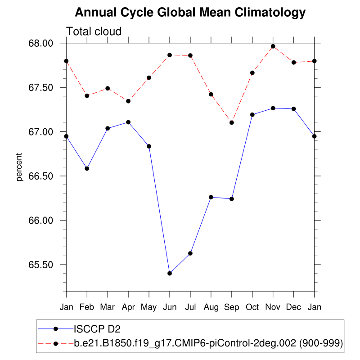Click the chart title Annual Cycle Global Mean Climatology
coord(190,13)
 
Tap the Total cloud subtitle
coord(94,31)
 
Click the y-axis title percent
coord(19,167)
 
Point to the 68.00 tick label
coord(41,43)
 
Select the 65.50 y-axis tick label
coord(41,265)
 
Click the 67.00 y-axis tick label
coord(41,132)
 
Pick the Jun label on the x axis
coord(170,307)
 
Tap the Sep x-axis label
coord(232,307)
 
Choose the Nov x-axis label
coord(273,307)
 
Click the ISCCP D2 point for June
coord(170,273)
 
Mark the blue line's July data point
coord(190,253)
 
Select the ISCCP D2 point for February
coord(87,168)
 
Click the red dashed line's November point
coord(273,46)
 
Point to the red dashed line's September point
coord(232,122)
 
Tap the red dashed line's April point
coord(128,101)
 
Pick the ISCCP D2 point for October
coord(252,115)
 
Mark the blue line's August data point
coord(211,197)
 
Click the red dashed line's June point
coord(170,55)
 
